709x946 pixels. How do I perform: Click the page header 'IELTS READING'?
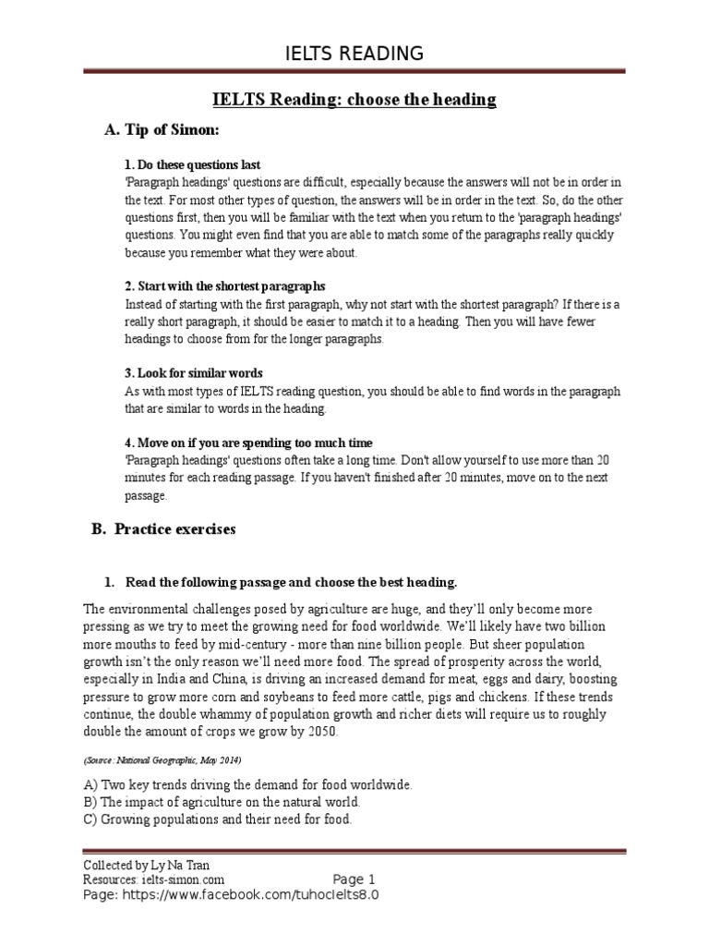tap(354, 53)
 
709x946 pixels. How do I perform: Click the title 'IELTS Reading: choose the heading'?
tap(354, 100)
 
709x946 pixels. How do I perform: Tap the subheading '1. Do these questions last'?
tap(193, 165)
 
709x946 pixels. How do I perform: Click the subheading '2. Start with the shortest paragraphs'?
tap(225, 286)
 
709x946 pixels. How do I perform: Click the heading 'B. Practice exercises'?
tap(163, 529)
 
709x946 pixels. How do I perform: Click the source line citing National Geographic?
tap(162, 759)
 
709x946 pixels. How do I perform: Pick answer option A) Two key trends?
tap(247, 784)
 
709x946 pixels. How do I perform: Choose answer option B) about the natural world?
tap(222, 801)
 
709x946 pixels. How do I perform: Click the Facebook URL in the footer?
tap(231, 895)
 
